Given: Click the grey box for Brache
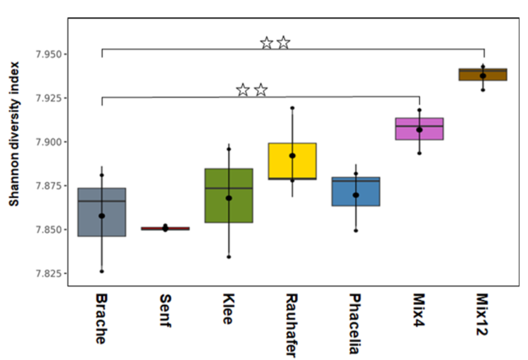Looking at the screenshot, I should click(101, 211).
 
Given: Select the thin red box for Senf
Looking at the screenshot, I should click(165, 228).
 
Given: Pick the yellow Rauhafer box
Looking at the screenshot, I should click(292, 161).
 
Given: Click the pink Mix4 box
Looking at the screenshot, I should click(420, 129).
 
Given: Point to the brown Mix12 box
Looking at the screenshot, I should click(483, 75).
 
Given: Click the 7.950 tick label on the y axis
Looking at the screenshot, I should click(46, 54).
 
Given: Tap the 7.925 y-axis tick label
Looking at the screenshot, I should click(46, 98).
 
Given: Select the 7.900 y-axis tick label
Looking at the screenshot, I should click(46, 142).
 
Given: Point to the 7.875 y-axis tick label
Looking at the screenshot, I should click(46, 186).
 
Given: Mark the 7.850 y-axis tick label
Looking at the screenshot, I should click(46, 230).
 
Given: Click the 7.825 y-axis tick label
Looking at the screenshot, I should click(46, 273).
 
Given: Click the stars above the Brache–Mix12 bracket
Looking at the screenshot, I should click(275, 43).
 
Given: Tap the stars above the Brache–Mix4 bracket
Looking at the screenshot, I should click(251, 90).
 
